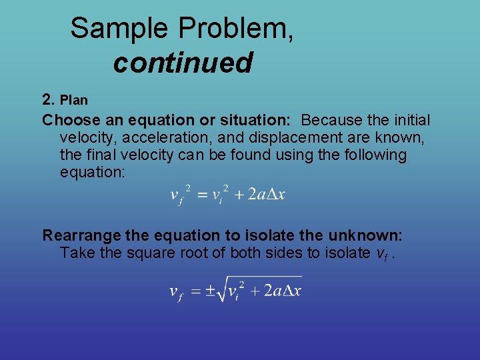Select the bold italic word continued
pos(183,63)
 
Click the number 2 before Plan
pos(47,99)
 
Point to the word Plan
pos(74,100)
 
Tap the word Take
pos(75,253)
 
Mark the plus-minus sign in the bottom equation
pos(210,292)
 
